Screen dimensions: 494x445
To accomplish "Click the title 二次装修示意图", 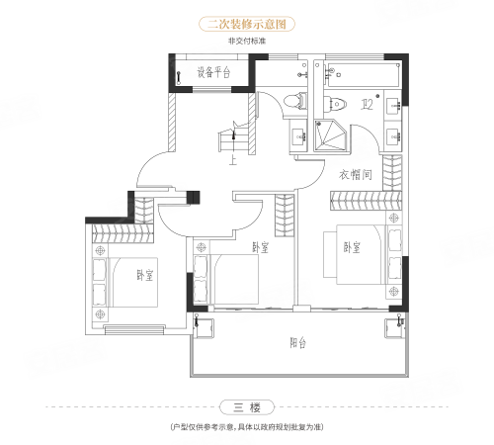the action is pyautogui.click(x=247, y=24).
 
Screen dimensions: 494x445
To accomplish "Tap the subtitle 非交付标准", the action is pyautogui.click(x=247, y=42).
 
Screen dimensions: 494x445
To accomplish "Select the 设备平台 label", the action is pyautogui.click(x=213, y=72).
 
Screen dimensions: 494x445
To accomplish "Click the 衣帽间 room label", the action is pyautogui.click(x=356, y=174).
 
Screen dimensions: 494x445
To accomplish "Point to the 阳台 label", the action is pyautogui.click(x=297, y=343).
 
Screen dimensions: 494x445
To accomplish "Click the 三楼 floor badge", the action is pyautogui.click(x=247, y=407).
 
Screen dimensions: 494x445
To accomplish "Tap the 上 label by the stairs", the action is pyautogui.click(x=233, y=160).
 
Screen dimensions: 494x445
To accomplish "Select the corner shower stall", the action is pyautogui.click(x=330, y=135).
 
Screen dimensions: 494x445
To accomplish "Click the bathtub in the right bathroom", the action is pyautogui.click(x=365, y=75).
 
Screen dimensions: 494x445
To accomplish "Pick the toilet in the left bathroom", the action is pyautogui.click(x=294, y=100).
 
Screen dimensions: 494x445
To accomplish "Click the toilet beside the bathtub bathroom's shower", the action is pyautogui.click(x=335, y=104).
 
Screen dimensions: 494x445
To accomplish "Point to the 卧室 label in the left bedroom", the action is pyautogui.click(x=145, y=275).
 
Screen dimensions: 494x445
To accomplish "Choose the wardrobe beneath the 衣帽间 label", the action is pyautogui.click(x=366, y=201).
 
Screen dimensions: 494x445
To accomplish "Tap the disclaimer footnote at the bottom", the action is pyautogui.click(x=247, y=427).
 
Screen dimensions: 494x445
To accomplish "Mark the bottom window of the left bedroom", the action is pyautogui.click(x=134, y=329).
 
